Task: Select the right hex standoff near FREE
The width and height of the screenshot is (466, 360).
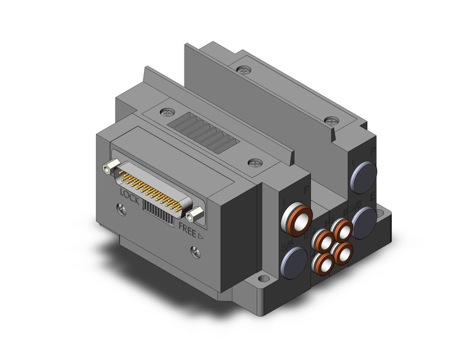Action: (196, 215)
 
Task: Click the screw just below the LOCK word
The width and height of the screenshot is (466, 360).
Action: (121, 210)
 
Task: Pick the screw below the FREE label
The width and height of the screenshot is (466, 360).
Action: (195, 250)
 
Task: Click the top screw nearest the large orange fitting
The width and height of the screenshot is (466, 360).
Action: (255, 163)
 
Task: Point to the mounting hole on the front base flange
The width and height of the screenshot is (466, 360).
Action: (263, 280)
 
